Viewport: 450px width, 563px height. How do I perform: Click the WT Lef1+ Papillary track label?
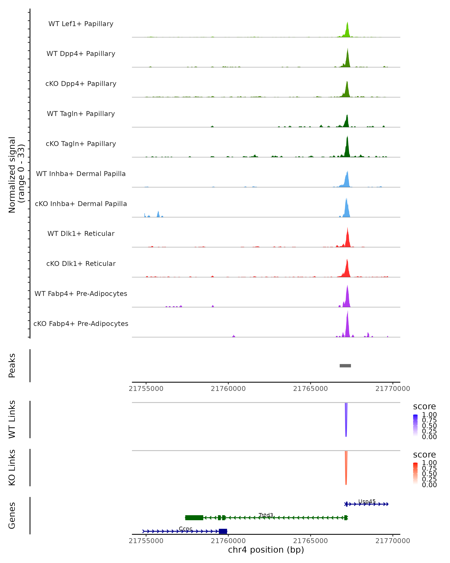pos(81,24)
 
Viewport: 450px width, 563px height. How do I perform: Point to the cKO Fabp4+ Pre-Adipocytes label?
pos(81,324)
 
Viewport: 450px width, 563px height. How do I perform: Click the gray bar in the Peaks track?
pos(345,366)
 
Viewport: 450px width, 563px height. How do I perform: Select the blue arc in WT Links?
pos(346,420)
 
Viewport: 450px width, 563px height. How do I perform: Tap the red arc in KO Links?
pos(346,469)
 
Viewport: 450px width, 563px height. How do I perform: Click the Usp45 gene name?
pos(367,501)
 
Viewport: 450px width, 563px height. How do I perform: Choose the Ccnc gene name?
pos(185,528)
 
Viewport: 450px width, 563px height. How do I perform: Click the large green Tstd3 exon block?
pos(194,518)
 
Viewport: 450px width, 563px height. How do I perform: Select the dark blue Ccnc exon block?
pos(223,531)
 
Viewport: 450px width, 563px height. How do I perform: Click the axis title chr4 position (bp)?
pos(266,550)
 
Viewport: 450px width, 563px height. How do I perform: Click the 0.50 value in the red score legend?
pos(429,474)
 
